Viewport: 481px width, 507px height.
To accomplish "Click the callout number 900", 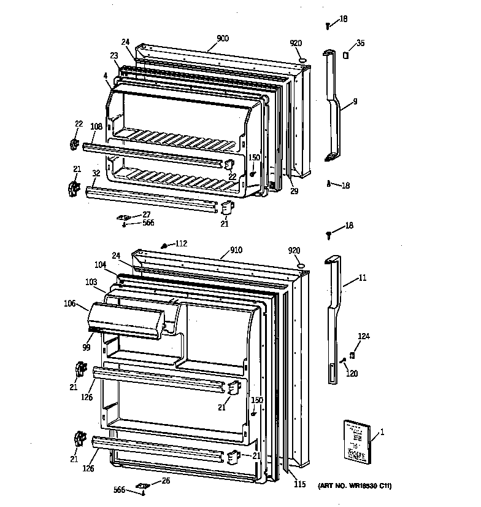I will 222,38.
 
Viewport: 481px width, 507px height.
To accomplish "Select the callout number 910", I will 236,250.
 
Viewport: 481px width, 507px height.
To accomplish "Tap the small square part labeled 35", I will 346,55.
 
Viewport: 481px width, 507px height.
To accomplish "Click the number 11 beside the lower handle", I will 362,278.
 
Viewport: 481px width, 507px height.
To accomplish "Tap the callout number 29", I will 294,192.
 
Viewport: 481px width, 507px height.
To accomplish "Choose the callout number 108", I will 96,128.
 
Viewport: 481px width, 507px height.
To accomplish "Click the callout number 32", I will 96,174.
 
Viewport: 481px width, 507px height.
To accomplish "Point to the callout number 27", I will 147,214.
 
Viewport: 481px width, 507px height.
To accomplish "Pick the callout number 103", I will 91,282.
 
